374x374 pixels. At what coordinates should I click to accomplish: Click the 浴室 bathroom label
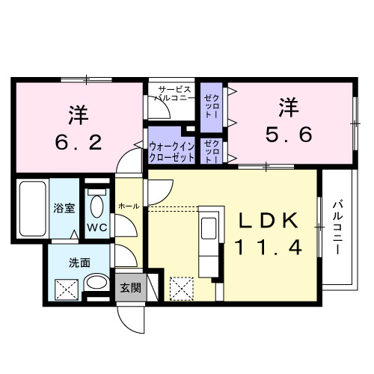[63, 209]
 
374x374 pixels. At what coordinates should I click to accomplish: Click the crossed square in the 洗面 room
[67, 286]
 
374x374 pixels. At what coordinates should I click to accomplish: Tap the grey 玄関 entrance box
[130, 287]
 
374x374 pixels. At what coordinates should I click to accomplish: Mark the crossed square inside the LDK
[181, 286]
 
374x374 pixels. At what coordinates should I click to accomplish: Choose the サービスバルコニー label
[175, 92]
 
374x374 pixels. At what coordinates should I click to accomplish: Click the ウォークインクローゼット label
[172, 153]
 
